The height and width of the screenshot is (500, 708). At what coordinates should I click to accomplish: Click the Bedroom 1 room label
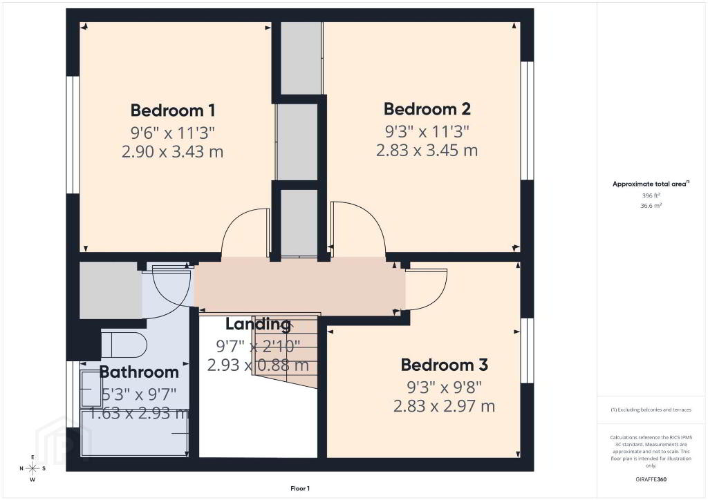tap(172, 110)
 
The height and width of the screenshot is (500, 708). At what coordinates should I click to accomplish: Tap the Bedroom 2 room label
tap(427, 109)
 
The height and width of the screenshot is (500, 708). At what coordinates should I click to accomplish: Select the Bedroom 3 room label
tap(445, 365)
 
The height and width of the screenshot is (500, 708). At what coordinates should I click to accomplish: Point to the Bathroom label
tap(139, 372)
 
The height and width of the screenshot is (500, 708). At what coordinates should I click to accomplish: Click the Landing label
tap(258, 324)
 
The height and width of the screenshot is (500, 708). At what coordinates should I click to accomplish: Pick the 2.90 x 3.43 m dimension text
tap(172, 151)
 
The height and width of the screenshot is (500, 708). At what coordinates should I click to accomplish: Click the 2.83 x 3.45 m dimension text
tap(427, 150)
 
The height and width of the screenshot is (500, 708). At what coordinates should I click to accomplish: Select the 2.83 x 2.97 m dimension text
tap(445, 406)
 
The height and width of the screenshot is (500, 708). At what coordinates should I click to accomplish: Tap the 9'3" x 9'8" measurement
tap(445, 387)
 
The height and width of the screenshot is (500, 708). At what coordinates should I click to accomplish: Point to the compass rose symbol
tap(32, 468)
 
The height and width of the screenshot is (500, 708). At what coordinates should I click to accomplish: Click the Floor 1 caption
tap(300, 489)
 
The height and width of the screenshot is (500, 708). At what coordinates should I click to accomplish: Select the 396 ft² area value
tap(651, 195)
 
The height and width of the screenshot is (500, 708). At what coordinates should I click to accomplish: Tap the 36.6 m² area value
tap(651, 206)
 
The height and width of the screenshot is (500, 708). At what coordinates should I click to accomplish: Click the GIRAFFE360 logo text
tap(651, 479)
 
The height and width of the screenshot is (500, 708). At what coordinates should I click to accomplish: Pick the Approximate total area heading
tap(651, 184)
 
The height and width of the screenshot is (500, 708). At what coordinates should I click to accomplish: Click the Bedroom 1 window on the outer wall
tap(73, 135)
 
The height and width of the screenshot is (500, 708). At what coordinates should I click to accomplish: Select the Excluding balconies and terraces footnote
tap(651, 410)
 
